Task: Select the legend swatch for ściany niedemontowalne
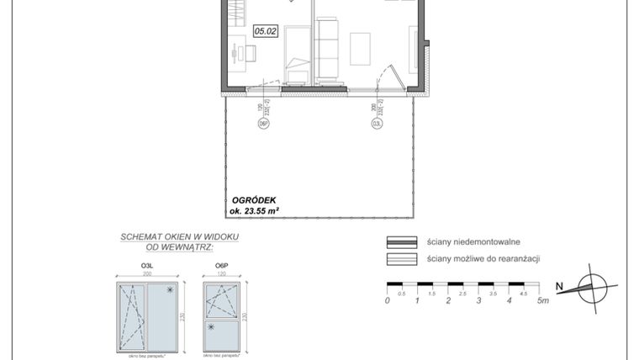pyautogui.click(x=402, y=241)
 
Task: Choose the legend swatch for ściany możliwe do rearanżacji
pyautogui.click(x=402, y=259)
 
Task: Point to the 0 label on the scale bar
pyautogui.click(x=387, y=300)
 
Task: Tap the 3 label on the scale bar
pyautogui.click(x=478, y=300)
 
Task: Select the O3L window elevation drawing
pyautogui.click(x=148, y=318)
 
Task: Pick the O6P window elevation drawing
pyautogui.click(x=222, y=318)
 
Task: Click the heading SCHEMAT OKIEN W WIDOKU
pyautogui.click(x=179, y=237)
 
